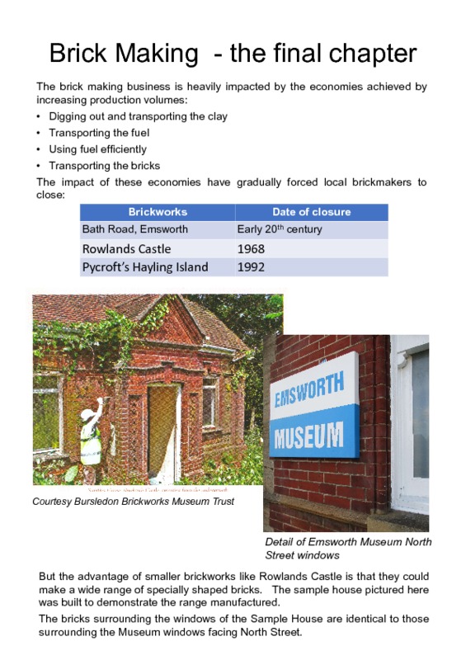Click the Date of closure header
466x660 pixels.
[311, 212]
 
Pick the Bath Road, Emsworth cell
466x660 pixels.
[135, 229]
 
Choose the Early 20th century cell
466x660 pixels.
[280, 229]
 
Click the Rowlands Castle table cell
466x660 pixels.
[127, 248]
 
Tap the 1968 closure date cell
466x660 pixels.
[251, 248]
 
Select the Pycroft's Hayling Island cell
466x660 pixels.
[145, 266]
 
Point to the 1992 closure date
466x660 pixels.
[251, 266]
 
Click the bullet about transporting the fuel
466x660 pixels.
[99, 133]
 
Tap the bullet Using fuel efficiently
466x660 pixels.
[97, 149]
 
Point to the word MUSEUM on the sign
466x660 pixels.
[308, 434]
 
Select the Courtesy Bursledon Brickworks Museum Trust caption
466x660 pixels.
[133, 501]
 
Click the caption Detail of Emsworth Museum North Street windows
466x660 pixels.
[347, 549]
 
